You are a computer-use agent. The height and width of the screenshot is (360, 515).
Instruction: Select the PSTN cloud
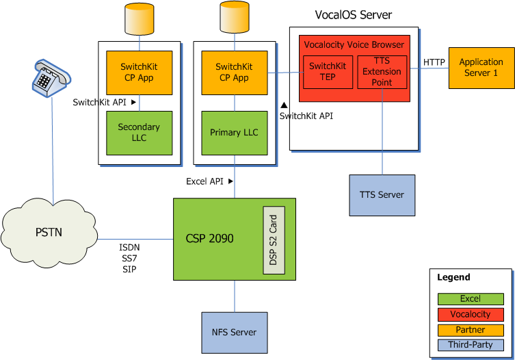coord(49,232)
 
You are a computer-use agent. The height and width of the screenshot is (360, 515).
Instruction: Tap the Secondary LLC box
coord(139,133)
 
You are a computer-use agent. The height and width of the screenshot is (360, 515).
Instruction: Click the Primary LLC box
coord(234,133)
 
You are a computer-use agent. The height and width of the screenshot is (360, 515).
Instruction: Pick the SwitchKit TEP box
coord(328,72)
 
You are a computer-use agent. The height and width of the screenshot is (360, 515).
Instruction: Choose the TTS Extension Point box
coord(382,72)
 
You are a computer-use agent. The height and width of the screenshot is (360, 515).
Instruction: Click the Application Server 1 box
coord(481,68)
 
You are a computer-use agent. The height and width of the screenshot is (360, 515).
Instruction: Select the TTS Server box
coord(382,195)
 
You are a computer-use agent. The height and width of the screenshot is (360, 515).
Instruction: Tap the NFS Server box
coord(234,333)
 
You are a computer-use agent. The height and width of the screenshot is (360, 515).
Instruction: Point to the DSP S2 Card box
coord(274,240)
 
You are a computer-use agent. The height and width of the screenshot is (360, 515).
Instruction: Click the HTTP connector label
coord(434,62)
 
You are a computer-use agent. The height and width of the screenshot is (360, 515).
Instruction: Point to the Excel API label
coord(206,181)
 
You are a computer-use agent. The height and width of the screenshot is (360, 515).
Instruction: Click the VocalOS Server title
coord(353,15)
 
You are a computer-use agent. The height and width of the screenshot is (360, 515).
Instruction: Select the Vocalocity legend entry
coord(471,314)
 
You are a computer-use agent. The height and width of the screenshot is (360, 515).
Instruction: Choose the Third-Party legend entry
coord(471,344)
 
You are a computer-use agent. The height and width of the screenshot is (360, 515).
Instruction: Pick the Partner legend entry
coord(471,329)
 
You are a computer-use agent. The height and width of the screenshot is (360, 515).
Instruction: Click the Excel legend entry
coord(471,299)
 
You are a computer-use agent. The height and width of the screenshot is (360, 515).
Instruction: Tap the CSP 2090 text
coord(209,239)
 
